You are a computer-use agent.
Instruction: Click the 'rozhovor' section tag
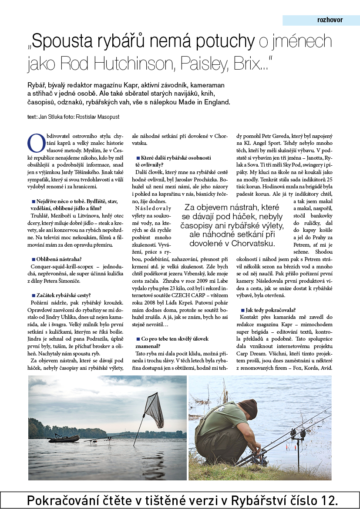330,20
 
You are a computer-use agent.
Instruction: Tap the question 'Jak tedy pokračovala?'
270,310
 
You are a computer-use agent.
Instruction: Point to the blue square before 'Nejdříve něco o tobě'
33,201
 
